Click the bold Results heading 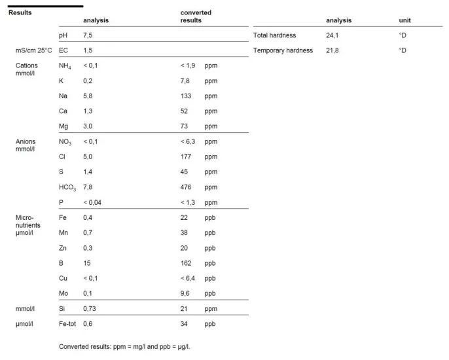[x=20, y=12]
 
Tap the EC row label [x=63, y=50]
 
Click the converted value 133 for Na [x=186, y=96]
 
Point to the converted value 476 [x=186, y=187]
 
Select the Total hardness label [x=274, y=35]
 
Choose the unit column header [x=405, y=20]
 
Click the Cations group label [x=27, y=65]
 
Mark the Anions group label [x=26, y=141]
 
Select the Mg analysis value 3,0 [x=88, y=126]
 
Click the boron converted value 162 [x=186, y=263]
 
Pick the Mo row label [x=63, y=293]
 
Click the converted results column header [x=196, y=16]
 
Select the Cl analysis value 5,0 [x=88, y=156]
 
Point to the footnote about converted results [x=124, y=346]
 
